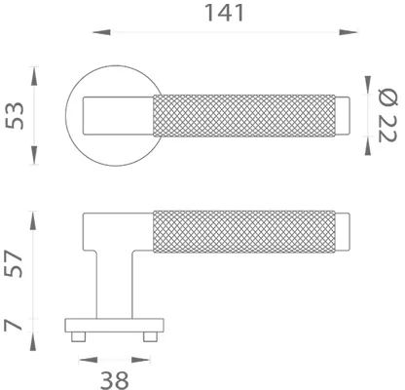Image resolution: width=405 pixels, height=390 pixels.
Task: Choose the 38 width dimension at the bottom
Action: pyautogui.click(x=115, y=374)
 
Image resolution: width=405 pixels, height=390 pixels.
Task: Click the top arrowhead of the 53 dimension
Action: pyautogui.click(x=37, y=70)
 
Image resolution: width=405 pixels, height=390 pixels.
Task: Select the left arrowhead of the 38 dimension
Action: pyautogui.click(x=81, y=357)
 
